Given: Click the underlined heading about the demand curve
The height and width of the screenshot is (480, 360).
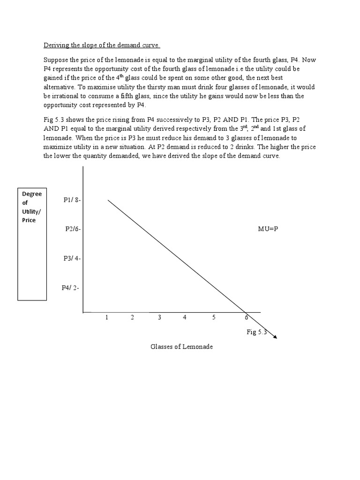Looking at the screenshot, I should pos(102,45).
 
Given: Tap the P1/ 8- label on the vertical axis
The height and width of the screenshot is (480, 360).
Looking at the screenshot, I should pos(72,200).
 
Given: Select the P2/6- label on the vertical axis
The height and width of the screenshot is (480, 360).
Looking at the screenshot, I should pos(74,229).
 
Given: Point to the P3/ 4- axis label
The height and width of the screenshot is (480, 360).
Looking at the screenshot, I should pos(72,258).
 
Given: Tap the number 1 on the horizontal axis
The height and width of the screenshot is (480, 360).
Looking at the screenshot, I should pos(107,317).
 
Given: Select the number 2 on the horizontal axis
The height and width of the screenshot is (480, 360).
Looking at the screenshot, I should pos(133,317).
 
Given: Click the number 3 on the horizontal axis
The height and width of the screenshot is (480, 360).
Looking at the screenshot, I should pos(159,317).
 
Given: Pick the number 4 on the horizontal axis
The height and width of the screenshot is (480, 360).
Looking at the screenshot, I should pos(185,317).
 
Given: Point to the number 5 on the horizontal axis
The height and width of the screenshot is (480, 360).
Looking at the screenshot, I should pos(214,317).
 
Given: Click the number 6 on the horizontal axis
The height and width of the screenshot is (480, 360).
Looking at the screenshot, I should pos(247,317).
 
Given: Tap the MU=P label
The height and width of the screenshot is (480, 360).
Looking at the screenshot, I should pos(268,229).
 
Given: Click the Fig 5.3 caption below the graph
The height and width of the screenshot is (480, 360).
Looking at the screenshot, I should pos(256,332).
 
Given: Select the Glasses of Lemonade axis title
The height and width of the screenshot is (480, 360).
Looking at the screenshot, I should pos(181,347).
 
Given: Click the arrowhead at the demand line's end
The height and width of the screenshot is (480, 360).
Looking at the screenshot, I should pos(275,336).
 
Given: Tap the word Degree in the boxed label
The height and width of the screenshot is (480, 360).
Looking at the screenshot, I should pos(32,194).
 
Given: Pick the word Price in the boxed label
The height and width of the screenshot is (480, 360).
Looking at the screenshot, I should pos(29,220).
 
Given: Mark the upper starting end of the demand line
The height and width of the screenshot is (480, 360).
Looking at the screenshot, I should pos(109,200).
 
